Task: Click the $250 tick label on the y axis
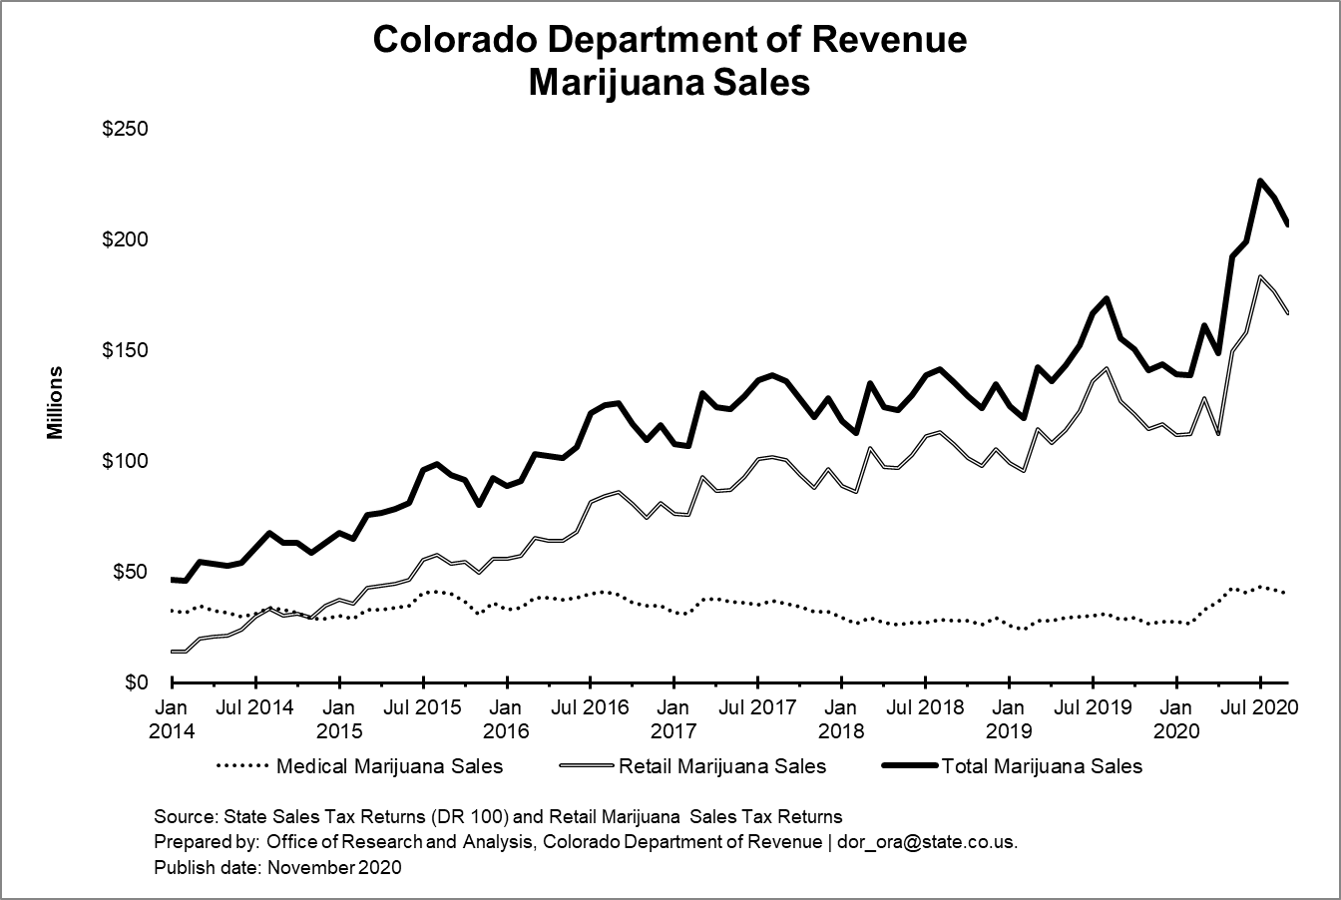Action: [125, 131]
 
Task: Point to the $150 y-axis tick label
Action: [125, 351]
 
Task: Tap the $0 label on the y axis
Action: [136, 682]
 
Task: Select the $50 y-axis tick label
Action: [130, 572]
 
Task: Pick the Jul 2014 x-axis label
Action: [256, 708]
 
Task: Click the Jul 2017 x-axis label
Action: [758, 708]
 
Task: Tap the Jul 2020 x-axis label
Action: [1260, 708]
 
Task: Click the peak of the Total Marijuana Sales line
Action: [1260, 181]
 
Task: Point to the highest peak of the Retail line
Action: [1260, 276]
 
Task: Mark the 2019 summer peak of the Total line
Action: [1107, 298]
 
